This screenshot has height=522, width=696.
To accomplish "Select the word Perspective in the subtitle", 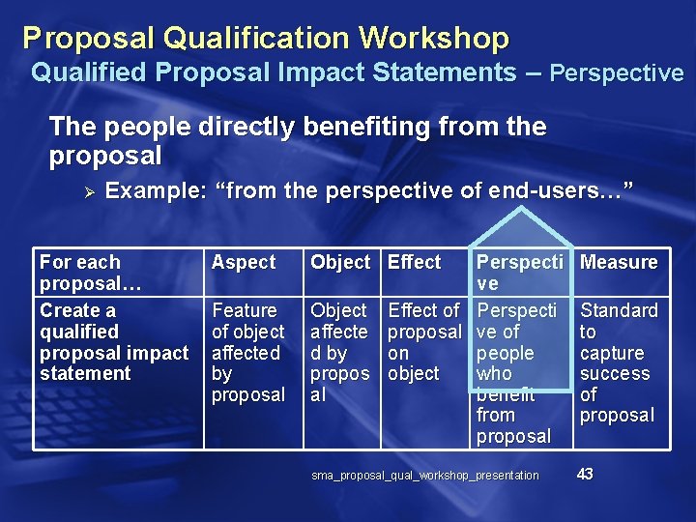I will (x=617, y=72).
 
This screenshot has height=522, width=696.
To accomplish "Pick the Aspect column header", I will (x=244, y=262).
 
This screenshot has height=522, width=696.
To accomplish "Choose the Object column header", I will (x=339, y=262).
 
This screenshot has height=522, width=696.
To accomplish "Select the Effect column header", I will (x=414, y=262).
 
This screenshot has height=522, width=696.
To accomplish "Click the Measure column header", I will (x=619, y=262).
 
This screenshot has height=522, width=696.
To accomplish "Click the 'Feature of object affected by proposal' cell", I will (x=248, y=352).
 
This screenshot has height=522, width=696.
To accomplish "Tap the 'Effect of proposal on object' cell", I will (x=423, y=341).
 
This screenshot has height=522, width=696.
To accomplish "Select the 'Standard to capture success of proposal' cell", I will (x=618, y=362).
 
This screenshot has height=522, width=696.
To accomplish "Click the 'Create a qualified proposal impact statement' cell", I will (x=113, y=341).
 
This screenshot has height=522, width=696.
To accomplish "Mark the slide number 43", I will (x=585, y=474).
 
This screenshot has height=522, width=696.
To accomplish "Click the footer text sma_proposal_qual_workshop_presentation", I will (x=425, y=475).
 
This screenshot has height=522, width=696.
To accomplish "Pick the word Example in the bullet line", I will (x=156, y=190).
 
